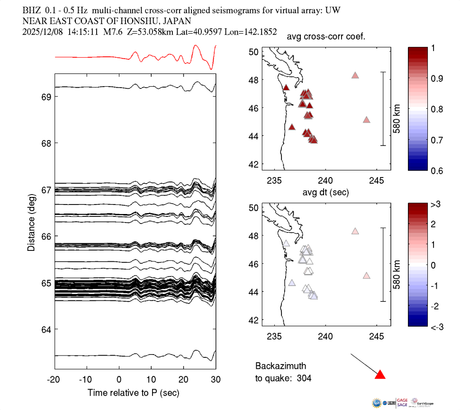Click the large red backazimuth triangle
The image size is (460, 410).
pyautogui.click(x=380, y=375)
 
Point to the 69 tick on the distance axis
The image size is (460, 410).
pyautogui.click(x=46, y=97)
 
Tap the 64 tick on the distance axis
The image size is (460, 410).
pyautogui.click(x=46, y=329)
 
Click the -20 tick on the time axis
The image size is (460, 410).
pyautogui.click(x=54, y=380)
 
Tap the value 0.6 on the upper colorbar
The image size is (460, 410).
pyautogui.click(x=436, y=170)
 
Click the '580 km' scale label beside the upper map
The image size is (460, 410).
pyautogui.click(x=397, y=109)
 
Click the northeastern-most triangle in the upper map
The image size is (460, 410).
pyautogui.click(x=355, y=75)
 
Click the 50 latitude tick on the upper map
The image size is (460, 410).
pyautogui.click(x=253, y=52)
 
